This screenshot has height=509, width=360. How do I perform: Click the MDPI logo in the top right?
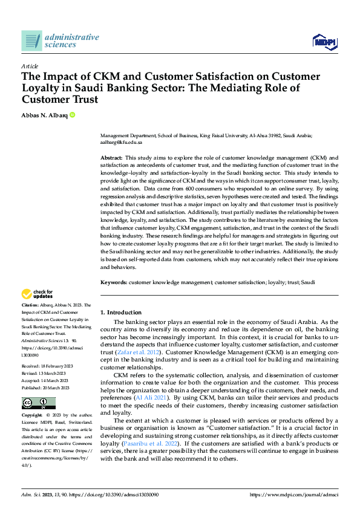coord(324,41)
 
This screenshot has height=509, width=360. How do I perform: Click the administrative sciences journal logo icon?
coord(31,41)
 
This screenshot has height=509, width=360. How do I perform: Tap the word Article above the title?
coord(30,66)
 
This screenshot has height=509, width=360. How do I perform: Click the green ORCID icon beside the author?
coord(73,114)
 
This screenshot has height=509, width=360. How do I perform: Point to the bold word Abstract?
coord(112,157)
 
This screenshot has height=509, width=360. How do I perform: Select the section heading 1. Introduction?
coord(121,312)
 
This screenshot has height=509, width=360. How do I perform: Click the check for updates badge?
coord(38,294)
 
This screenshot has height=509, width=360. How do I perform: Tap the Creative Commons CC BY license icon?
coord(39,403)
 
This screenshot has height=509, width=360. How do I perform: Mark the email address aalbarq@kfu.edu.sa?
coord(121,142)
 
